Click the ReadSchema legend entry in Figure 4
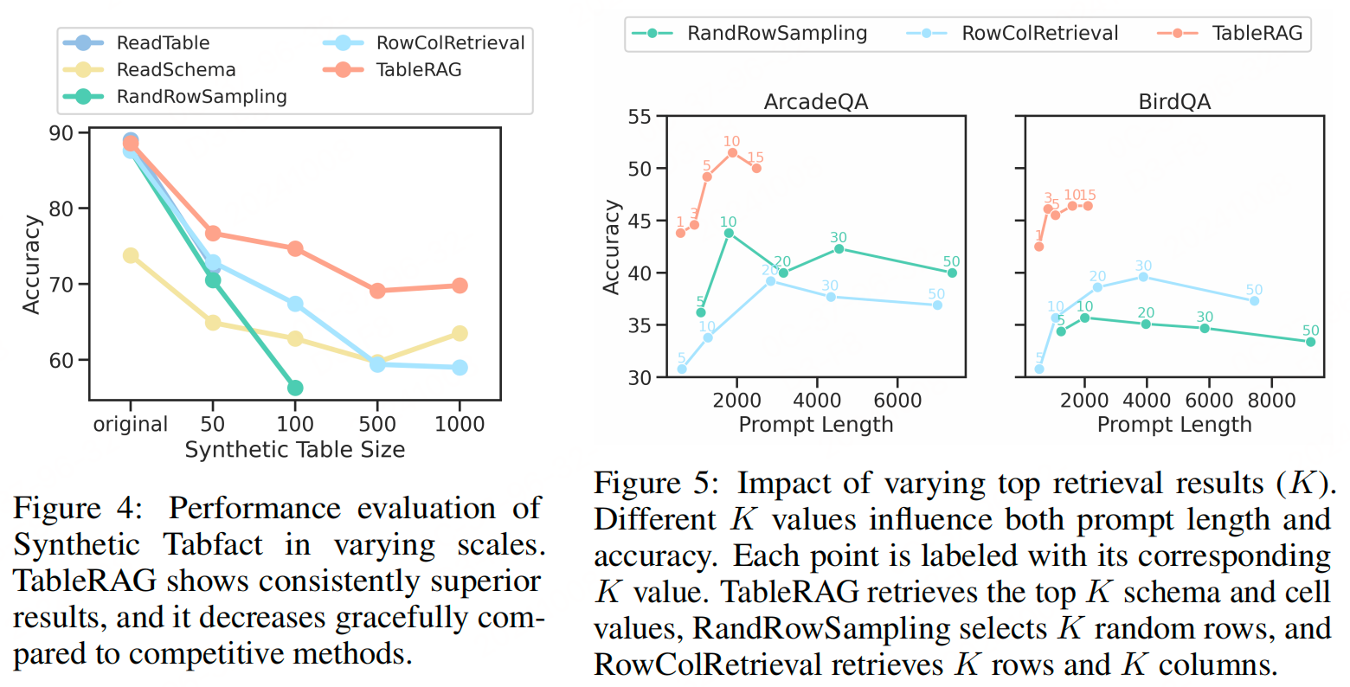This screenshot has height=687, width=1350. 176,69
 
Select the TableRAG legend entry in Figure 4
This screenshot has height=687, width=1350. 419,69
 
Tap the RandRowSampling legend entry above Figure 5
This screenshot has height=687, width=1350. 776,33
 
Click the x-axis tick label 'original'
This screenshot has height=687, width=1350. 131,424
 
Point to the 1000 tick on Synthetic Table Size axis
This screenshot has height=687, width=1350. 460,424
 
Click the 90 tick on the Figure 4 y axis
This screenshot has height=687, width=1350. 61,133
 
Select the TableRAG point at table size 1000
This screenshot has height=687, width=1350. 460,286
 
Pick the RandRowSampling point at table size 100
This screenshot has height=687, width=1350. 295,388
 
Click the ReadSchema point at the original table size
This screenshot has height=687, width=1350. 131,255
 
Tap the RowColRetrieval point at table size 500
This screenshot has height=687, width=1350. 377,364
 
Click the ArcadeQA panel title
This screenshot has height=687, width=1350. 815,102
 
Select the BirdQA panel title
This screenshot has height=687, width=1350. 1174,102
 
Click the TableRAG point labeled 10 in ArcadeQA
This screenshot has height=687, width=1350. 732,152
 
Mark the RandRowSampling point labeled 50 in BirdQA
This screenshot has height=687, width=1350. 1310,342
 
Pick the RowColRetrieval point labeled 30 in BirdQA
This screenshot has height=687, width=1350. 1143,277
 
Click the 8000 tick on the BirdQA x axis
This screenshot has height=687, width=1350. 1271,400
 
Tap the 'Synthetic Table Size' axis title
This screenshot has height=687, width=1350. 294,449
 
